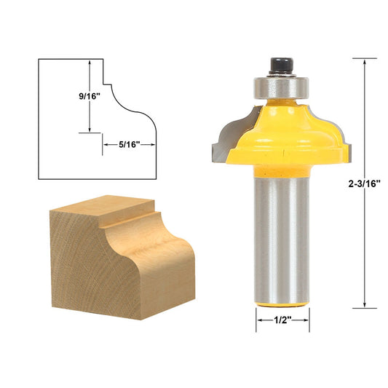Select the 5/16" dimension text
(129, 144)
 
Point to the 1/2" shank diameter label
(282, 319)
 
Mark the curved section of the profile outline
(135, 114)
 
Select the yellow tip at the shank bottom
(282, 304)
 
